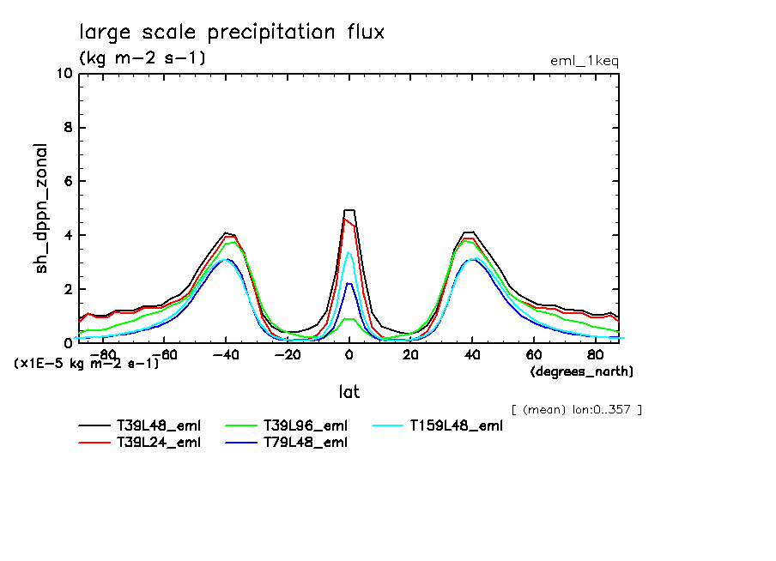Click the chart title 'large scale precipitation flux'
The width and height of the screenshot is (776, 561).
pyautogui.click(x=232, y=33)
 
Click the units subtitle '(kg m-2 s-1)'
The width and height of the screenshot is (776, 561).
pyautogui.click(x=142, y=58)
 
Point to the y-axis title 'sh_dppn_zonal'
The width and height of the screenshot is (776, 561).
pyautogui.click(x=41, y=208)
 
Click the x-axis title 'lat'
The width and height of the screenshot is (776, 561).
pyautogui.click(x=349, y=392)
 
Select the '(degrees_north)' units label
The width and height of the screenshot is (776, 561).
pyautogui.click(x=582, y=371)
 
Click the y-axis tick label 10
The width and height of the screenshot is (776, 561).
pyautogui.click(x=64, y=74)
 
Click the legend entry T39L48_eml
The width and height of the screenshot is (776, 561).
pyautogui.click(x=158, y=425)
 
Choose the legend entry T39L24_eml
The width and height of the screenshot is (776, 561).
pyautogui.click(x=158, y=442)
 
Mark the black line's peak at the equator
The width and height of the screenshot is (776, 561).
pyautogui.click(x=349, y=210)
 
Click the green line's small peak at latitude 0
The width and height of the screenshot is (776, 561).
pyautogui.click(x=349, y=319)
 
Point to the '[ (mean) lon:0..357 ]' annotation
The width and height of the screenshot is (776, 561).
pyautogui.click(x=576, y=409)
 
